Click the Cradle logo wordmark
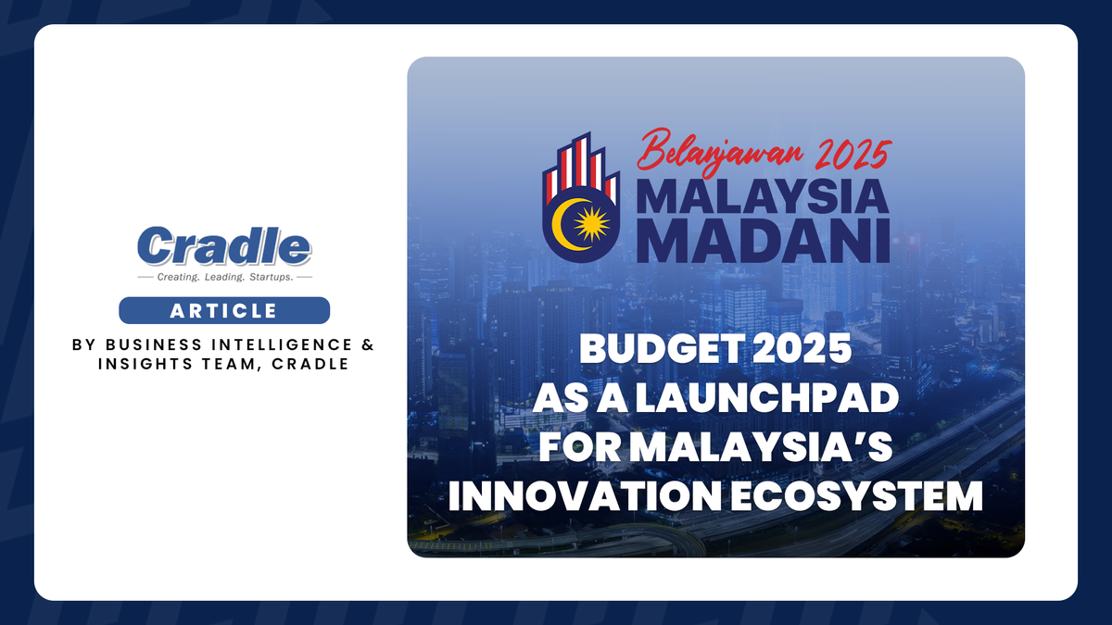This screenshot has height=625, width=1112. click(x=223, y=247)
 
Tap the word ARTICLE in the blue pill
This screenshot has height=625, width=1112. click(x=223, y=310)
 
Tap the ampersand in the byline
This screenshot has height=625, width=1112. click(x=368, y=344)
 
